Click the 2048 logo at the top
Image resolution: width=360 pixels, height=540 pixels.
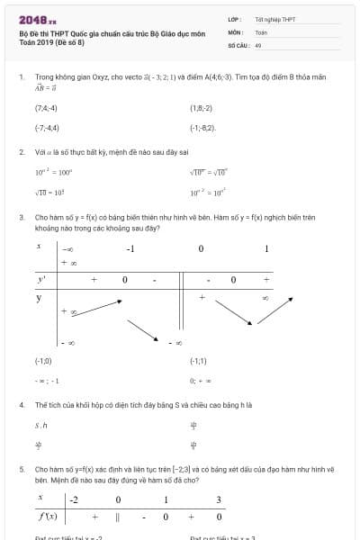tap(37, 19)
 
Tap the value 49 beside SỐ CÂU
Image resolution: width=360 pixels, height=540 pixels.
tap(258, 43)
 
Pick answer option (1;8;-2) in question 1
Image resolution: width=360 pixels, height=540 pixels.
tap(201, 108)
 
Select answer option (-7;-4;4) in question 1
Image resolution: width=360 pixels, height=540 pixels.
tap(47, 128)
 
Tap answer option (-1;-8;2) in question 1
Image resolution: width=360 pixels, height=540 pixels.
tap(202, 128)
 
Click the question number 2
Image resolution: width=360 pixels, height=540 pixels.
tap(21, 151)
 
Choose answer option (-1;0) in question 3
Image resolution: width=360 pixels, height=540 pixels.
tap(43, 360)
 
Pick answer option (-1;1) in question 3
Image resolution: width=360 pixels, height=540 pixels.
tap(198, 360)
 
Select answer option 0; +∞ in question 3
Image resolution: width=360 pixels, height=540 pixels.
tap(200, 380)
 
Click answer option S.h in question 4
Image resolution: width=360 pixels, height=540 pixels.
tap(40, 425)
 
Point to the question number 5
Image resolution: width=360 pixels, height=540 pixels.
tap(21, 469)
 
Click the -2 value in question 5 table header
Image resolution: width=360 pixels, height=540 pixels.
tap(74, 499)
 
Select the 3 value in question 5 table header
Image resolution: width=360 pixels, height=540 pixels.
tap(219, 499)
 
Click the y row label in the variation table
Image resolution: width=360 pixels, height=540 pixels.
tap(39, 296)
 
